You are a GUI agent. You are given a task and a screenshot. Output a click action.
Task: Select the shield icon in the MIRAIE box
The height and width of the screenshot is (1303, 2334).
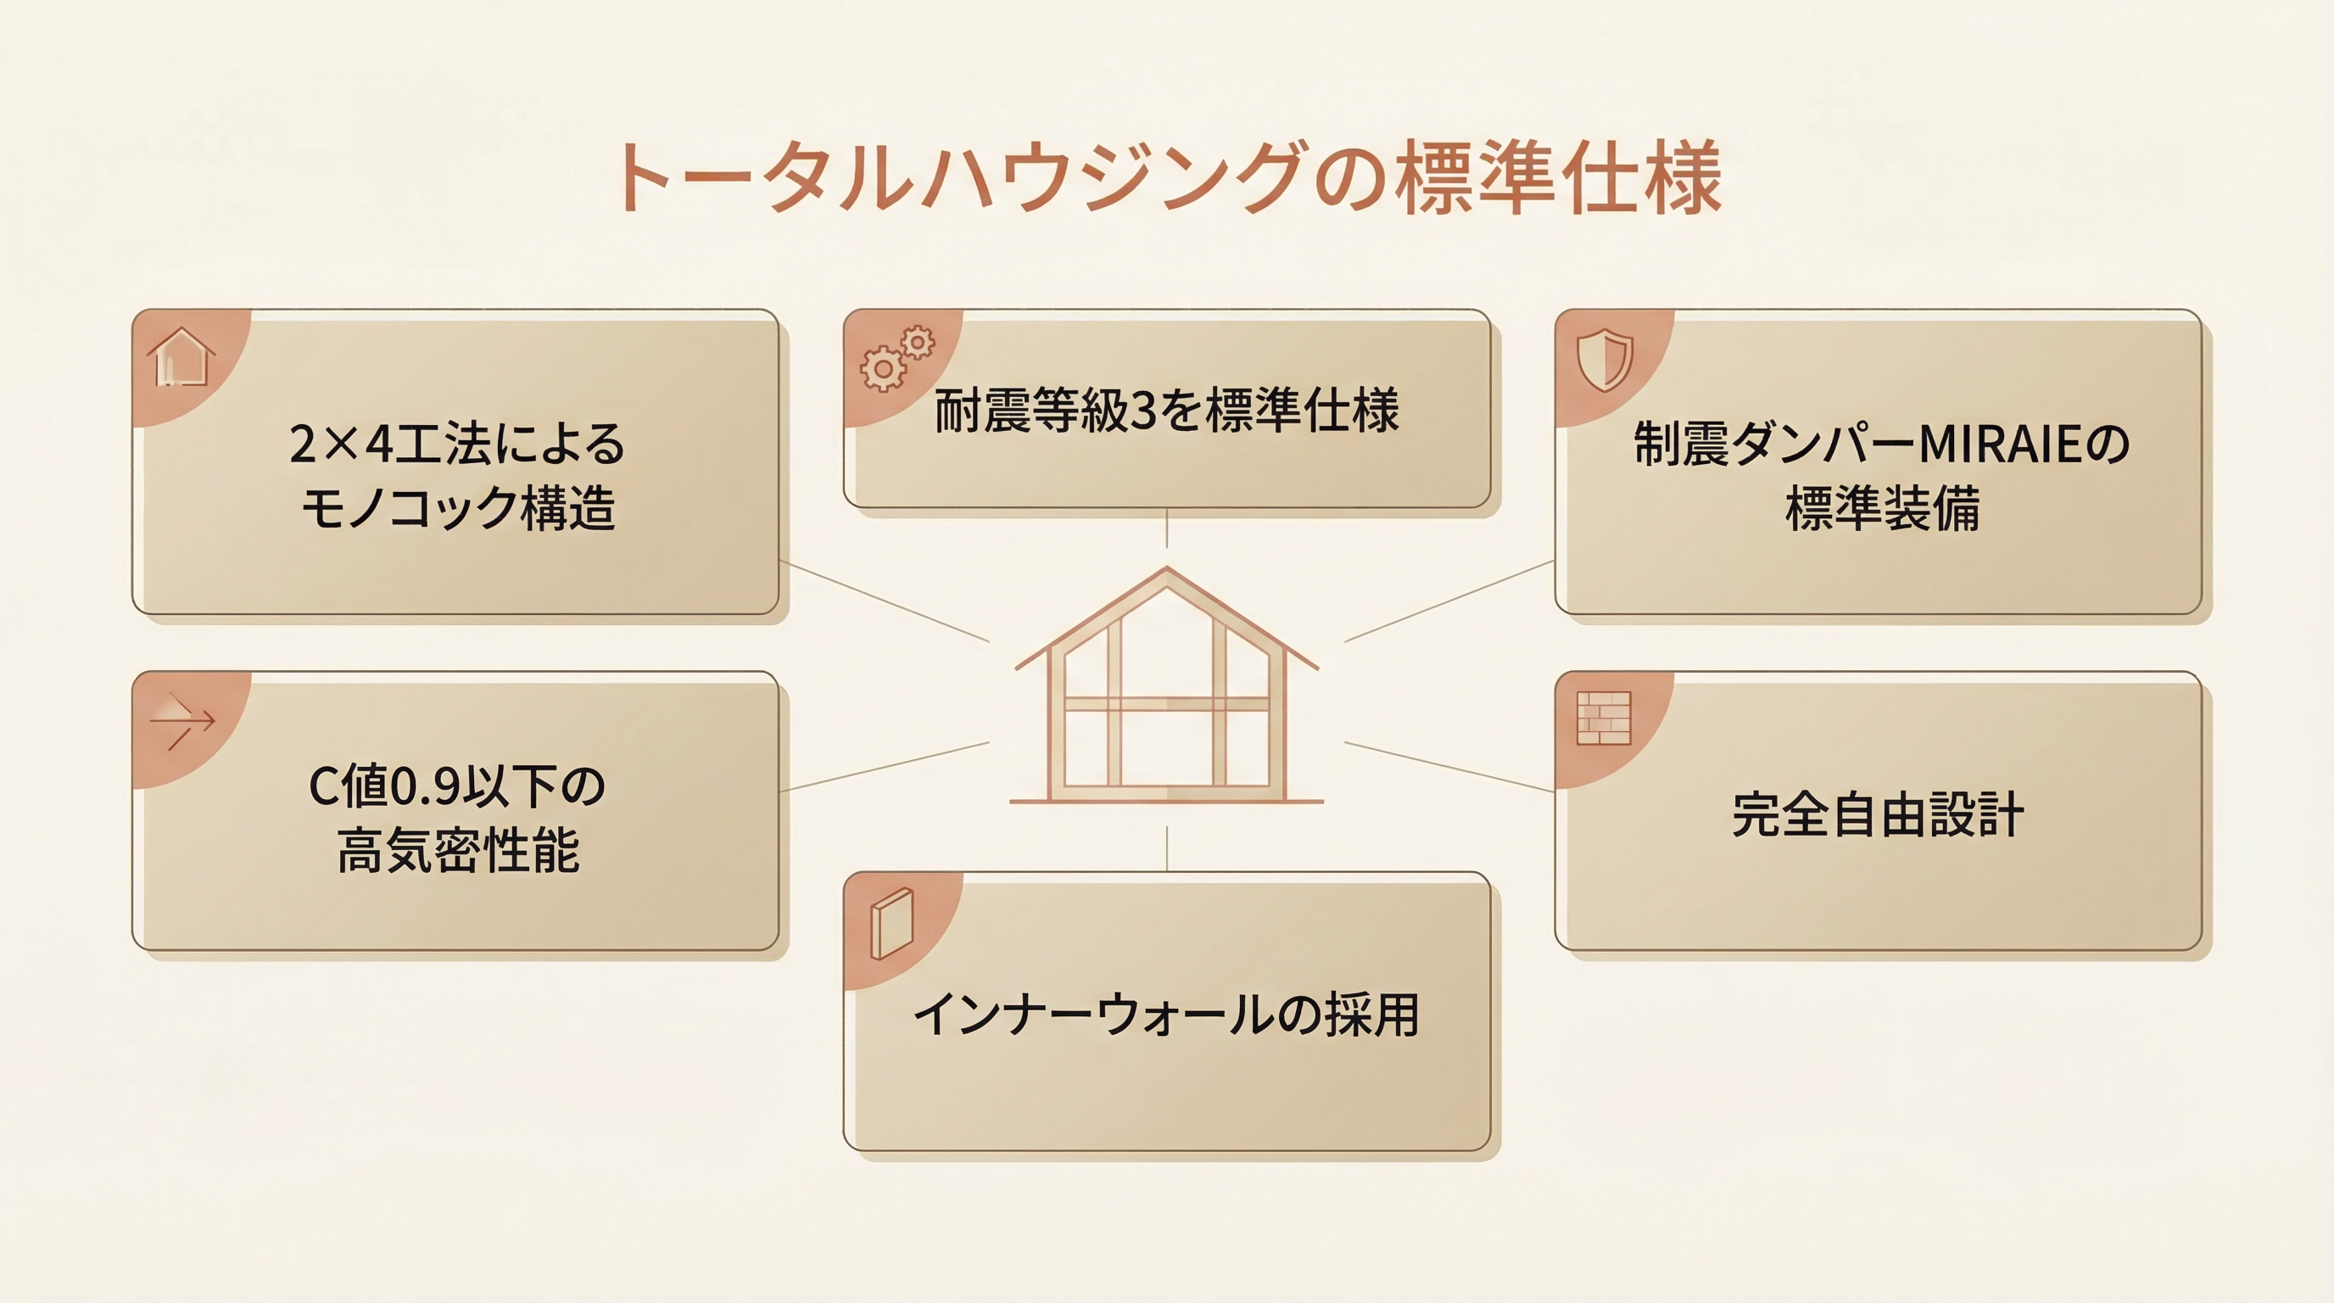pos(1605,359)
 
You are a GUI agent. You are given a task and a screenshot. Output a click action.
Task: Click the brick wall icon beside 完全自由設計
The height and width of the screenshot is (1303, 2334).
pos(1604,719)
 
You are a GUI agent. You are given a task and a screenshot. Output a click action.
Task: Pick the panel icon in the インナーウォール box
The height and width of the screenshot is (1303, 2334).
pos(892,923)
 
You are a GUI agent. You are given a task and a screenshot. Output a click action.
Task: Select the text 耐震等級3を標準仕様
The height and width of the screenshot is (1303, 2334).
pos(1167,411)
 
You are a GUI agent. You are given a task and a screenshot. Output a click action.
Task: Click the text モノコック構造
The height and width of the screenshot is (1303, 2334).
pos(459,507)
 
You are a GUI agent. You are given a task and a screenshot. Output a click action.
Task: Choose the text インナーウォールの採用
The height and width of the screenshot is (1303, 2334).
pos(1167,1015)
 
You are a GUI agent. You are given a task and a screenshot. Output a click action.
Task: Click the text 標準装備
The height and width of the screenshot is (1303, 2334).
pos(1883,508)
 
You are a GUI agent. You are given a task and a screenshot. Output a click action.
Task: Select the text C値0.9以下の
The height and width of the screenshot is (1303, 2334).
pos(458,786)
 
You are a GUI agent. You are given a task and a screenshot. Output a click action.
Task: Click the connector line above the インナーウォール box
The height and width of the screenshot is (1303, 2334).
pos(1167,848)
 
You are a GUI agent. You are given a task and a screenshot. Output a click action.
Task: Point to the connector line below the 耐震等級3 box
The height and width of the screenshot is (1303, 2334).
pos(1167,528)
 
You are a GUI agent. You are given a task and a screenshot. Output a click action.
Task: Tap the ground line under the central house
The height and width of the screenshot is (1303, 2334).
pos(1167,801)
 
